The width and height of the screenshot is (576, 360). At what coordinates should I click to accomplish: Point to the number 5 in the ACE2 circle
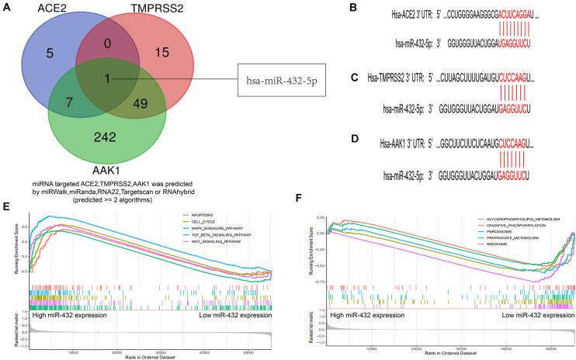[x=50, y=54]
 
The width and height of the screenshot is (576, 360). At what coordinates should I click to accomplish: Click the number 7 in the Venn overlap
[x=71, y=104]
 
